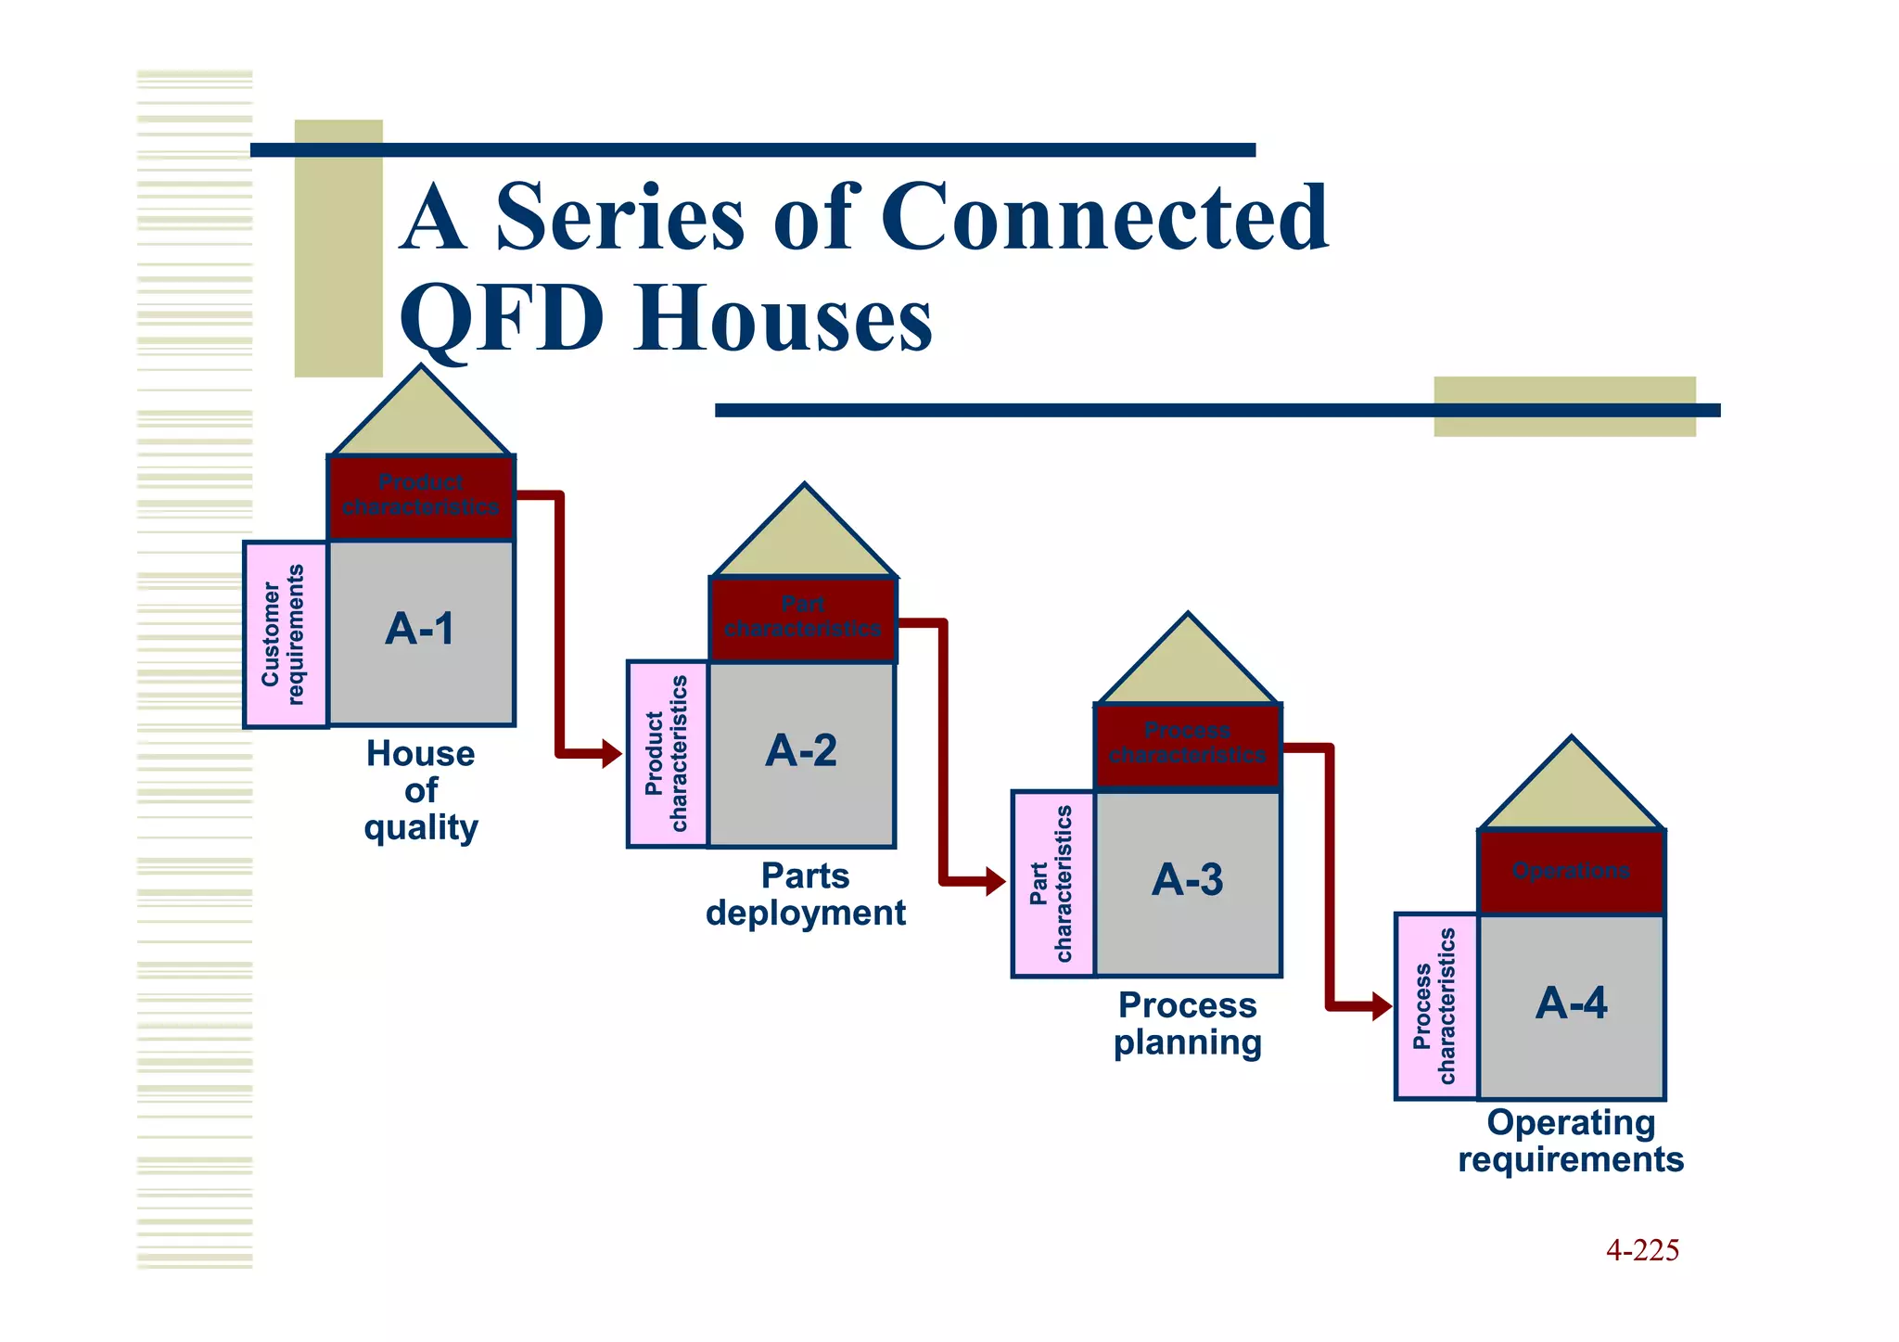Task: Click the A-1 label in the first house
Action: point(420,630)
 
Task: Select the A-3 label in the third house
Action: point(1187,880)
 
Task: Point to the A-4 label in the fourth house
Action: point(1571,1003)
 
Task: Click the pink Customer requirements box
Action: point(285,634)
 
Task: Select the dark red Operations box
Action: point(1571,872)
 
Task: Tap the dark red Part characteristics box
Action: point(803,618)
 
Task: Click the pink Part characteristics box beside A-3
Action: point(1052,883)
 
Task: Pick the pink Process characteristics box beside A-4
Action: point(1435,1006)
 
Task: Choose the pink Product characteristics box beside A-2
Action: point(668,753)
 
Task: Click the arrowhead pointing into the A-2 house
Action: point(612,753)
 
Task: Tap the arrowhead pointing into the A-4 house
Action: point(1382,1006)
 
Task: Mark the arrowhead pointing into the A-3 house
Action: point(996,881)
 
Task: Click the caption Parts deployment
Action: point(805,895)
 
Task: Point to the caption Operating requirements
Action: point(1571,1142)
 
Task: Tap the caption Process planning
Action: point(1187,1024)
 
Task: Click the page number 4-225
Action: point(1642,1250)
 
